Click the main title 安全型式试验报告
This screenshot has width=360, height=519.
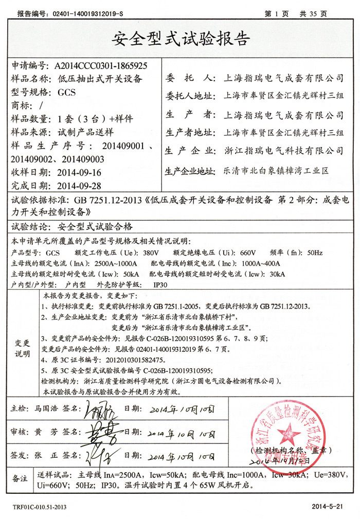pyautogui.click(x=179, y=39)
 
